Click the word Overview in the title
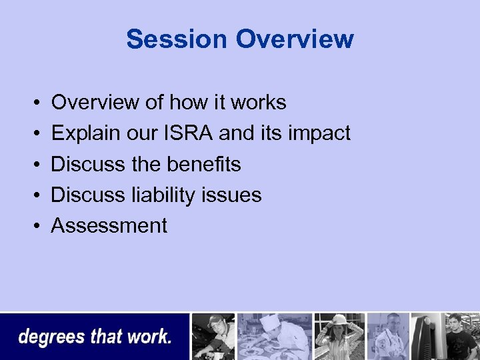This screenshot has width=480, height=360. [294, 39]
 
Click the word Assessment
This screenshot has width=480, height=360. [109, 225]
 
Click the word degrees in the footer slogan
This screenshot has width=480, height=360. [51, 337]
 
